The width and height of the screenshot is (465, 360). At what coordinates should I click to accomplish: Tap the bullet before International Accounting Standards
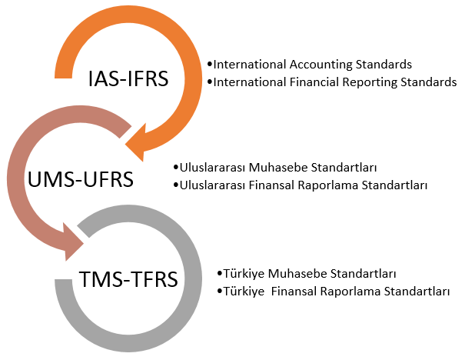click(210, 65)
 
